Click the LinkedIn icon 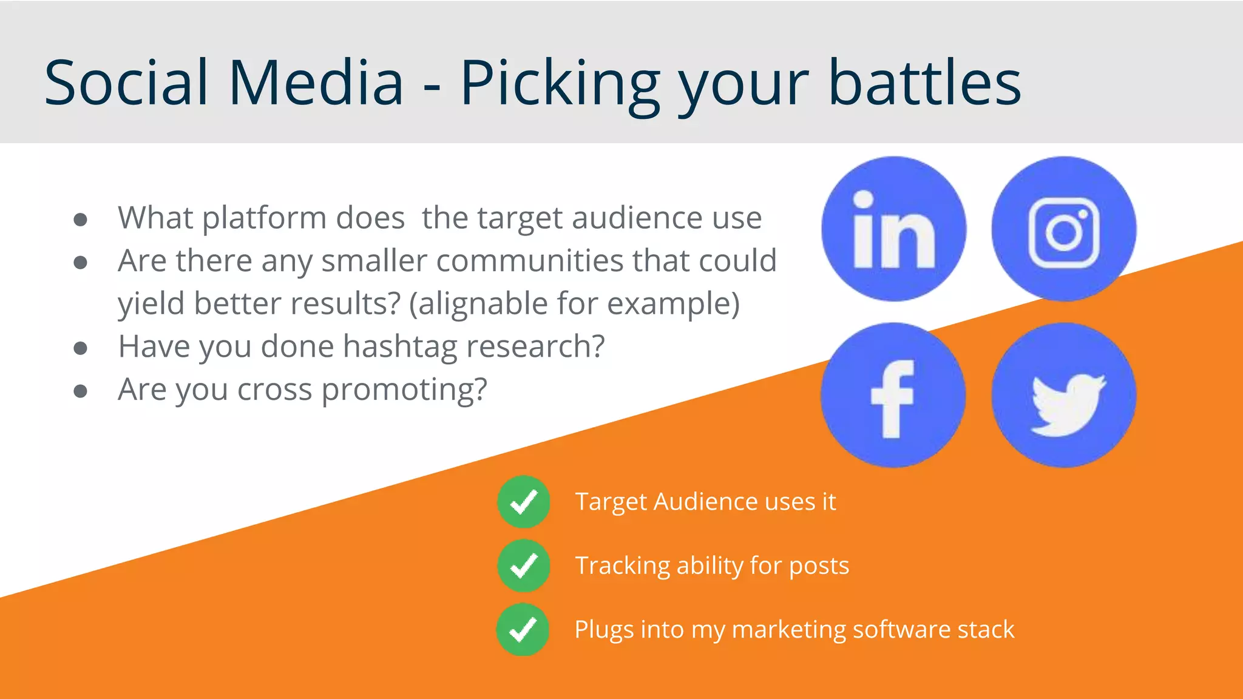(x=893, y=229)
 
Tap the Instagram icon (x=1064, y=229)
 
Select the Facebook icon (x=893, y=395)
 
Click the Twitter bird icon (x=1064, y=395)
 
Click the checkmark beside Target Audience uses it (x=523, y=502)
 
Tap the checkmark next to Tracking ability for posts (x=523, y=566)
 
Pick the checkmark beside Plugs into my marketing (x=523, y=629)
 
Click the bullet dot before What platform (x=80, y=219)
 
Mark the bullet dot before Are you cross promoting (x=80, y=391)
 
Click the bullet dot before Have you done (x=80, y=348)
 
